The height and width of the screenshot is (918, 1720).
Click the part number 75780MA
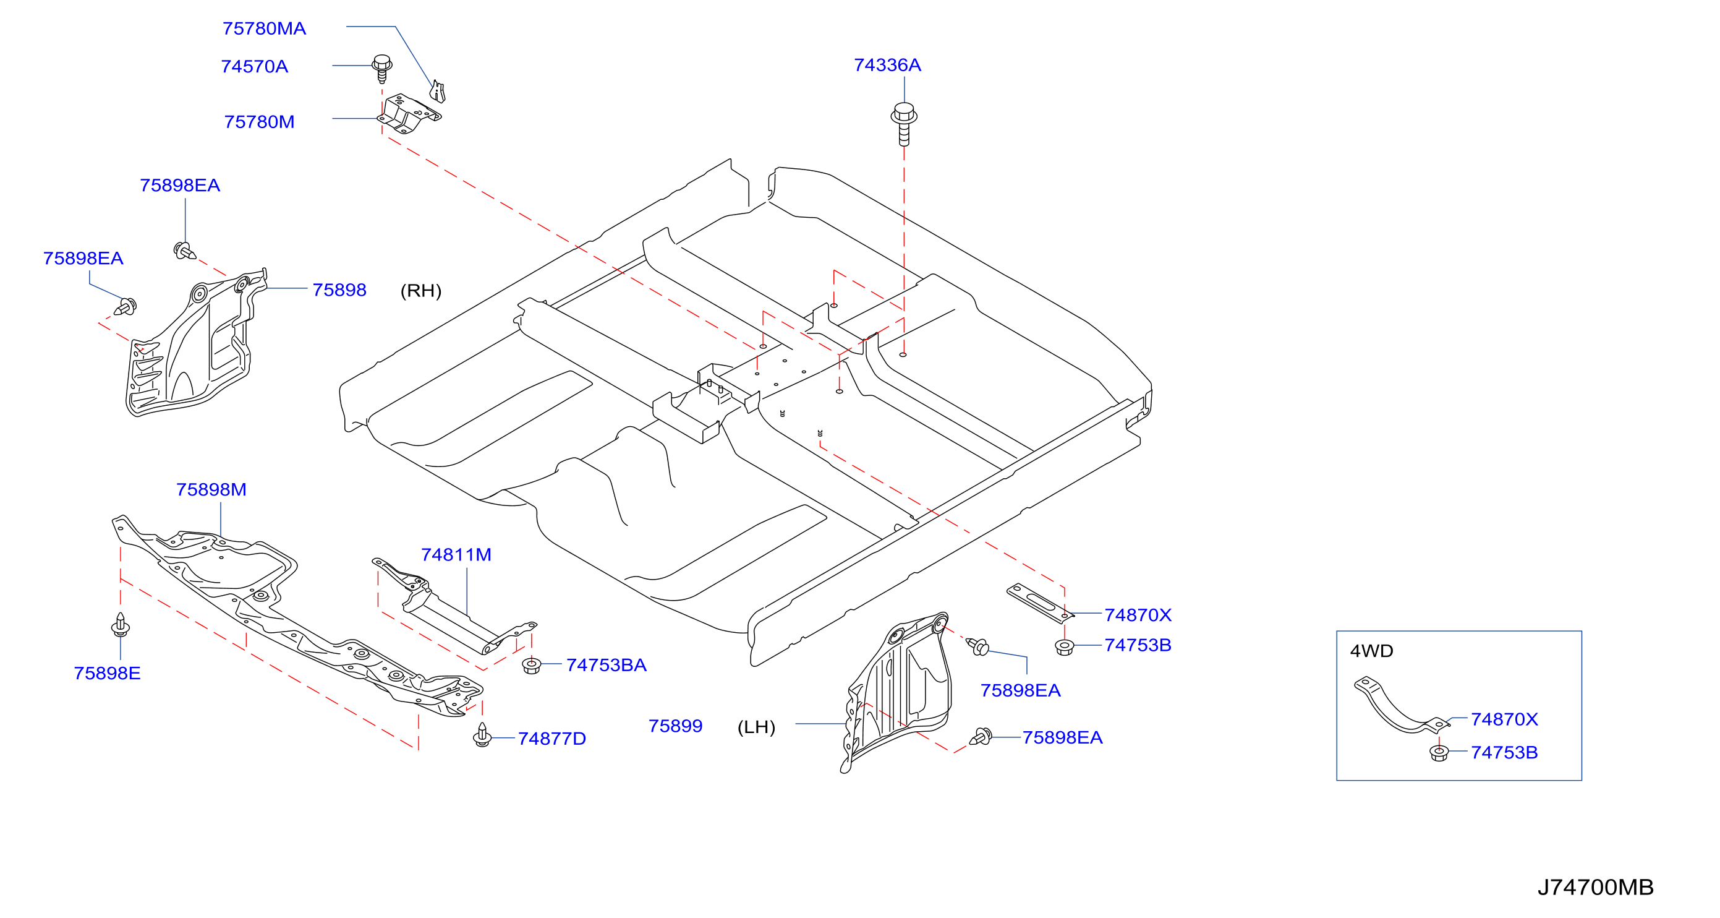(264, 28)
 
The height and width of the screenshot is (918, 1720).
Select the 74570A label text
(254, 67)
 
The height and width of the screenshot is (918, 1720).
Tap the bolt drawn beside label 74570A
(382, 68)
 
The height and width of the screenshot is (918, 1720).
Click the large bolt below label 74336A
(904, 124)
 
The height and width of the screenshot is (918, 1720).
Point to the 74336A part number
(887, 66)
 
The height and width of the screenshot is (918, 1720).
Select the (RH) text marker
(420, 291)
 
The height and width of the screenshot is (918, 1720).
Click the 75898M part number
(211, 490)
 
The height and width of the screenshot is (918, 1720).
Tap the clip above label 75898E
(120, 625)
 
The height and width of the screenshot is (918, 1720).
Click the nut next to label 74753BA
(532, 666)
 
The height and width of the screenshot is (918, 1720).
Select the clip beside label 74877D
(482, 735)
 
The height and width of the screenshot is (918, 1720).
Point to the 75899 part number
(675, 726)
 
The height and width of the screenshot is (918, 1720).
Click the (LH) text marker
(757, 727)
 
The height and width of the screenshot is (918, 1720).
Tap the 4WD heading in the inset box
(1371, 651)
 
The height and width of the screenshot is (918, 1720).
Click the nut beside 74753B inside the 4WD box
(1439, 753)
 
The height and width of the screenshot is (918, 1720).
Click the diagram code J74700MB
(1596, 887)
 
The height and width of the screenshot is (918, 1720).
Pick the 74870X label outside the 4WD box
(1138, 616)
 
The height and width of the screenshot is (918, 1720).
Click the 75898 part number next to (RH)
(339, 291)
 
